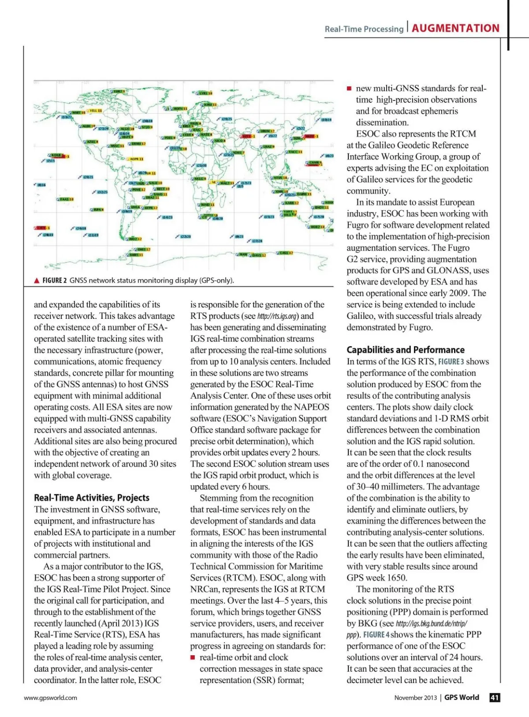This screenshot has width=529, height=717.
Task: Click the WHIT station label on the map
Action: tap(78, 112)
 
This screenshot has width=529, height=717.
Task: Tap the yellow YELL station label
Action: tap(96, 111)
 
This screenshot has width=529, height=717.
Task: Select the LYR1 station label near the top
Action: tap(205, 93)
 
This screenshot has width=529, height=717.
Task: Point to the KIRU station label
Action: tap(210, 105)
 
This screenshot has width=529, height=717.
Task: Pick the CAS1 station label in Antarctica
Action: tap(286, 253)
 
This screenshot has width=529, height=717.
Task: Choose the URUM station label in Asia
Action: tap(267, 131)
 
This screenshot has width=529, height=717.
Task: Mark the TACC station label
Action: tap(295, 152)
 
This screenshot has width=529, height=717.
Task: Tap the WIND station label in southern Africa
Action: tap(207, 205)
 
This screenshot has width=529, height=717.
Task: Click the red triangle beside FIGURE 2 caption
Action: tap(37, 280)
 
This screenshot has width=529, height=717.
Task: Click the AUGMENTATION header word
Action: tap(455, 29)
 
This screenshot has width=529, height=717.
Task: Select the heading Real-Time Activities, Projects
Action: tap(92, 498)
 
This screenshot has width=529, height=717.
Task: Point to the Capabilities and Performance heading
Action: tap(405, 350)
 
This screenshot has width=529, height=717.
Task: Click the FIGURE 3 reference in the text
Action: tap(451, 362)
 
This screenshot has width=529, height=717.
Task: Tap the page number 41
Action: tap(495, 697)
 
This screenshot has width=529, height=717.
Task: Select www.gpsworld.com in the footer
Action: tap(50, 698)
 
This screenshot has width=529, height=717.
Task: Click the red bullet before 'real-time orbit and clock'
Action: tap(193, 657)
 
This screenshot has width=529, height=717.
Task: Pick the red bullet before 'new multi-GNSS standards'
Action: tap(349, 89)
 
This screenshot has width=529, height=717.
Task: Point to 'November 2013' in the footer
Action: tap(415, 698)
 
